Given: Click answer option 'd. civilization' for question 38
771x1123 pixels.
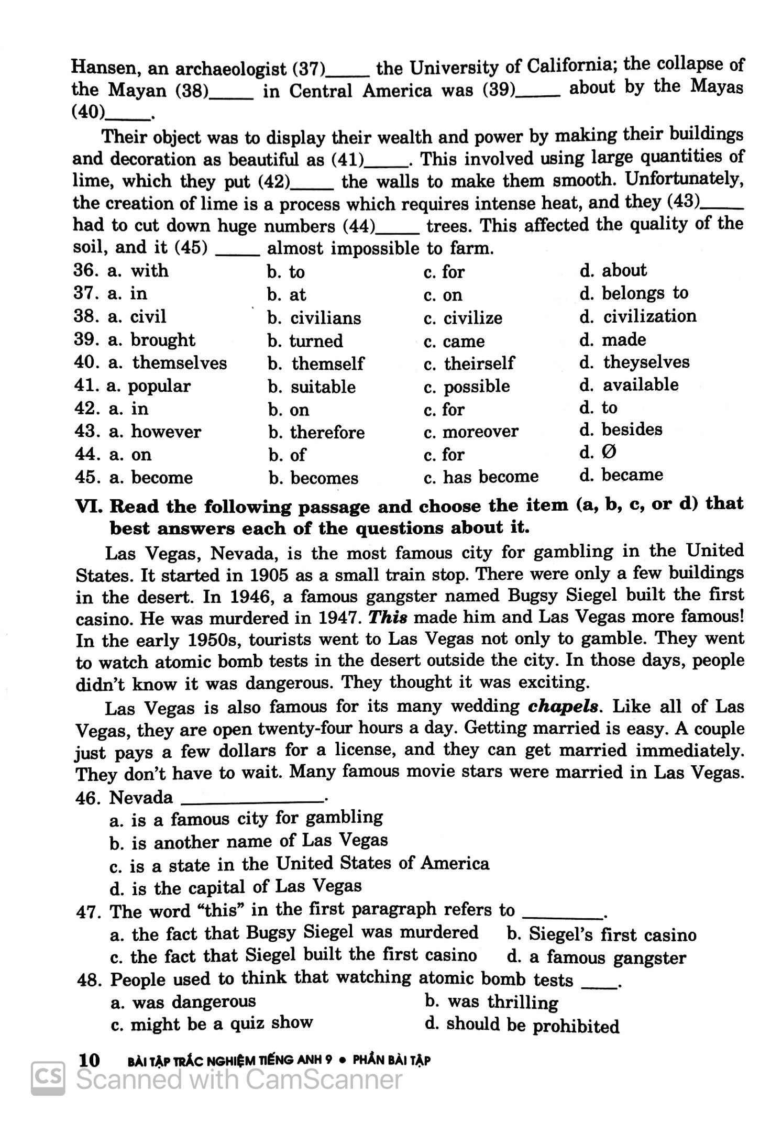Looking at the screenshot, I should pyautogui.click(x=638, y=316).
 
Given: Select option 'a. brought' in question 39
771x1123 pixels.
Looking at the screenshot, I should pyautogui.click(x=151, y=340).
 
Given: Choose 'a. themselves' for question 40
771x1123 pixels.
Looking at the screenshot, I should pyautogui.click(x=168, y=362).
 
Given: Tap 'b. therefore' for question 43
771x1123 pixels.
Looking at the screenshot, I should pyautogui.click(x=316, y=432).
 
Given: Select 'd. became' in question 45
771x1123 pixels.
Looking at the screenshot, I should pyautogui.click(x=621, y=475).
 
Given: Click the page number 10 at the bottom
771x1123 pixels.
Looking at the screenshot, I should pyautogui.click(x=89, y=1060).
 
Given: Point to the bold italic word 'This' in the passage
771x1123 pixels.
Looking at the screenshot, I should pyautogui.click(x=388, y=618).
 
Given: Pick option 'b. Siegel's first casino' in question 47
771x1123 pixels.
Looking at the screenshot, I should pyautogui.click(x=601, y=934).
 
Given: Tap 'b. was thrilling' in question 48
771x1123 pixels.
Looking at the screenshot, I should pyautogui.click(x=491, y=1002).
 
